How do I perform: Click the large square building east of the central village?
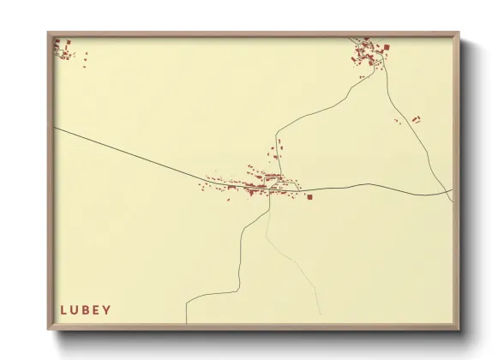click(309, 196)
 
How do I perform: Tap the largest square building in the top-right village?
click(386, 46)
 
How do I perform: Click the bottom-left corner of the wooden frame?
click(50, 329)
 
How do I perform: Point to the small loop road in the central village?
click(274, 183)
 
